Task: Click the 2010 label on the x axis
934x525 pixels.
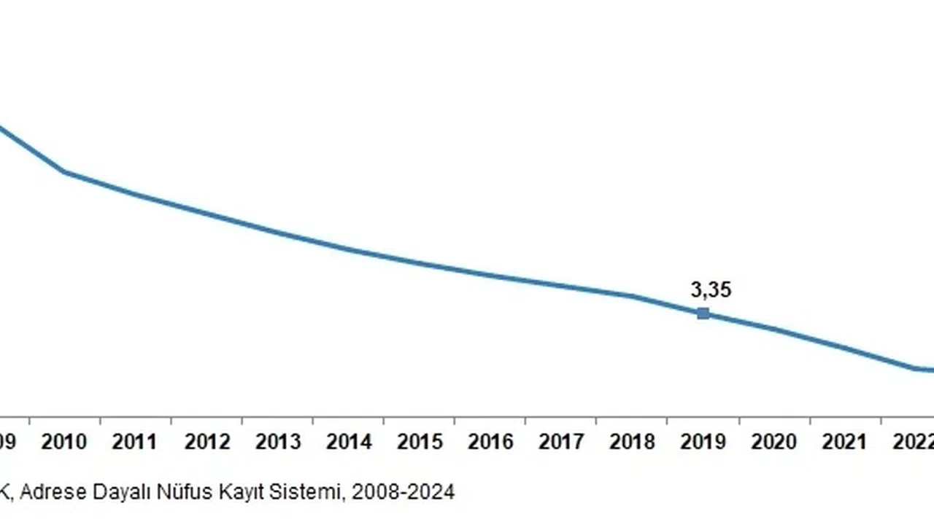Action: coord(63,442)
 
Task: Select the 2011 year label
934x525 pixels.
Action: coord(135,442)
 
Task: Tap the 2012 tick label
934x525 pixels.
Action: coord(207,442)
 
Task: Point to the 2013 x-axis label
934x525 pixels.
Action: coord(277,442)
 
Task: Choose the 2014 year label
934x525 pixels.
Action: coord(349,442)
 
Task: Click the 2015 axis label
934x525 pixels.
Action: coord(420,442)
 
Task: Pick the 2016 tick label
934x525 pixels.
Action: coord(490,442)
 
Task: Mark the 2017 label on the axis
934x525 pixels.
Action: coord(561,442)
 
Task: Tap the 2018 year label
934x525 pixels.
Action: coord(632,442)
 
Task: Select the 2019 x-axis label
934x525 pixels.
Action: coord(703,442)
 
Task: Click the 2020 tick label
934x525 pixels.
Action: coord(774,442)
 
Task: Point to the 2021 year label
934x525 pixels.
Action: coord(845,442)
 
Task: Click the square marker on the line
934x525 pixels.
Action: coord(703,314)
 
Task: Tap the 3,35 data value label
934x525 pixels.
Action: coord(711,290)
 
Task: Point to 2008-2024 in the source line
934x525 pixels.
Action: coord(403,493)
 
